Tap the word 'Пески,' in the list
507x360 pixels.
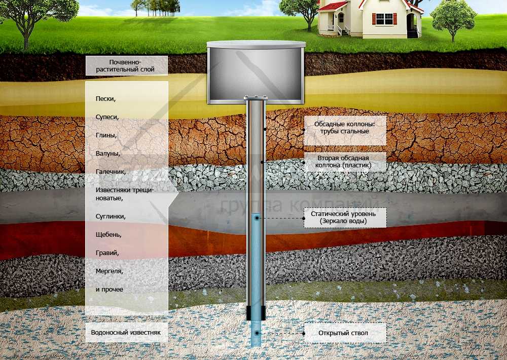pyautogui.click(x=106, y=98)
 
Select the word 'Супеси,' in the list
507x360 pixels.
pyautogui.click(x=107, y=117)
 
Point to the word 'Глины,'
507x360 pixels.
pyautogui.click(x=106, y=135)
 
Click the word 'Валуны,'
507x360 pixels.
pyautogui.click(x=107, y=153)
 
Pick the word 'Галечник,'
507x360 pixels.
pyautogui.click(x=111, y=172)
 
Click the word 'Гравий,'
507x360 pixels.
pyautogui.click(x=107, y=253)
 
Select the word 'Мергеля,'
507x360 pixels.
pyautogui.click(x=110, y=271)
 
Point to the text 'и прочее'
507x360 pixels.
pyautogui.click(x=110, y=289)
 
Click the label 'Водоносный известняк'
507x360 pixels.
pyautogui.click(x=126, y=333)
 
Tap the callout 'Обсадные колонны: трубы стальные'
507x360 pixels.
pyautogui.click(x=345, y=128)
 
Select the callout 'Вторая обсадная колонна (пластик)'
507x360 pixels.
pyautogui.click(x=345, y=161)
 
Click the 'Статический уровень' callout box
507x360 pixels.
pyautogui.click(x=345, y=218)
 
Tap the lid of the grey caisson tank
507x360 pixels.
pyautogui.click(x=256, y=45)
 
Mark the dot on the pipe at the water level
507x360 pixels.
pyautogui.click(x=257, y=218)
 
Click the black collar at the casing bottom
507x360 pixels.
pyautogui.click(x=256, y=313)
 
